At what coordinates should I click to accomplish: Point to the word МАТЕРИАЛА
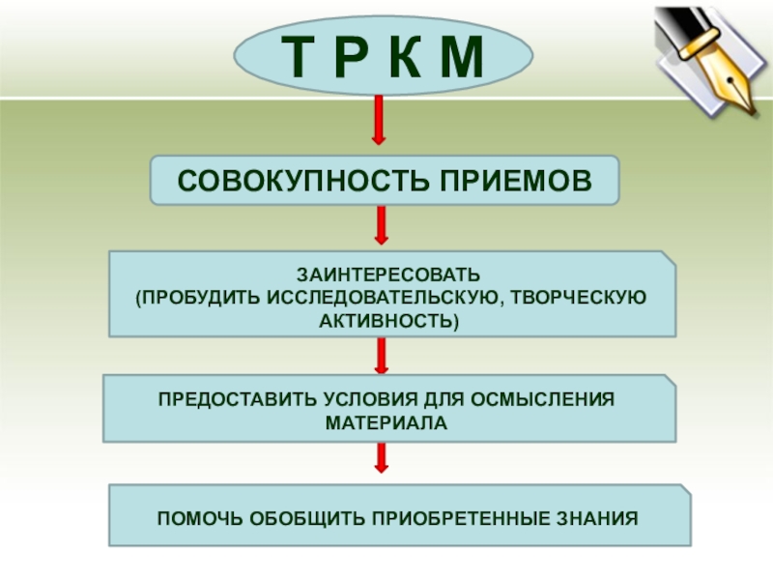coord(386,422)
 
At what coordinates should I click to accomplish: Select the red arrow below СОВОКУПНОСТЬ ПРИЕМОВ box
coord(382,225)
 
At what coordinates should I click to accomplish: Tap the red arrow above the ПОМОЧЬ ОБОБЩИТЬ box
coord(382,457)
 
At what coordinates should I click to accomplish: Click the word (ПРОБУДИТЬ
coord(191,296)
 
